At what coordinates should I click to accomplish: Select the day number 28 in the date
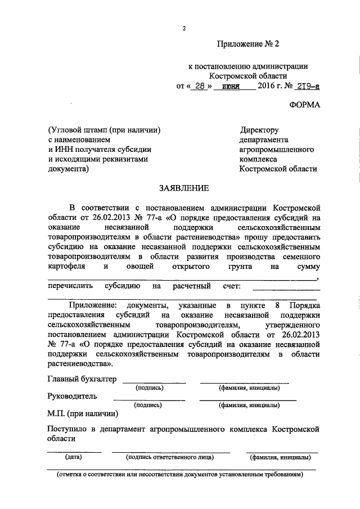[x=197, y=86]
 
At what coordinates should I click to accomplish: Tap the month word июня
[x=231, y=86]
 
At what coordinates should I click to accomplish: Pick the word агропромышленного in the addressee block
[x=277, y=149]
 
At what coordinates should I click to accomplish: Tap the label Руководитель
[x=72, y=396]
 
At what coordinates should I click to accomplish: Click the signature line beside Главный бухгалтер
[x=154, y=382]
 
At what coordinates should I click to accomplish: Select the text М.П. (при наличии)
[x=83, y=415]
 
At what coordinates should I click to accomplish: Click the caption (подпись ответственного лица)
[x=170, y=457]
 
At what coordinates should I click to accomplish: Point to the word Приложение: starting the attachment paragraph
[x=93, y=305]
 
